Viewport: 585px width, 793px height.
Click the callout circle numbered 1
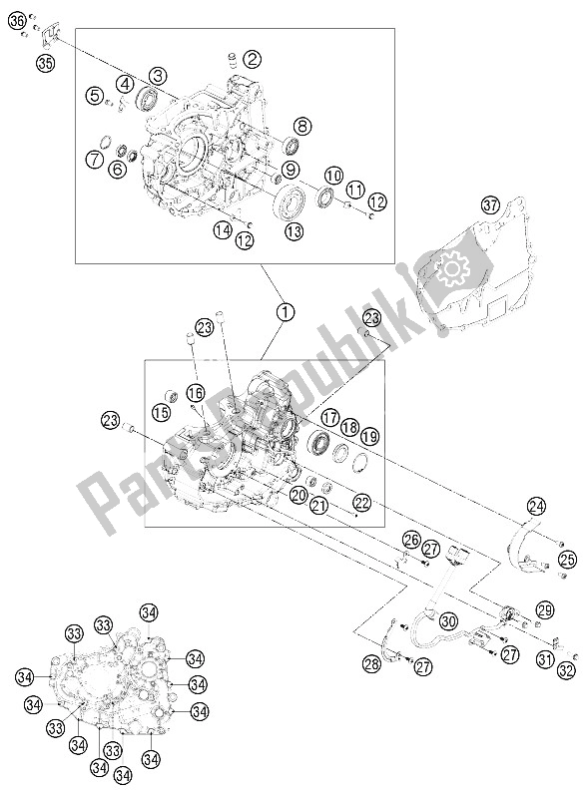click(286, 312)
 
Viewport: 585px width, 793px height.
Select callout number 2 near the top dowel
click(253, 59)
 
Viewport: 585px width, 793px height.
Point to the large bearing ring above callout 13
click(293, 203)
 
